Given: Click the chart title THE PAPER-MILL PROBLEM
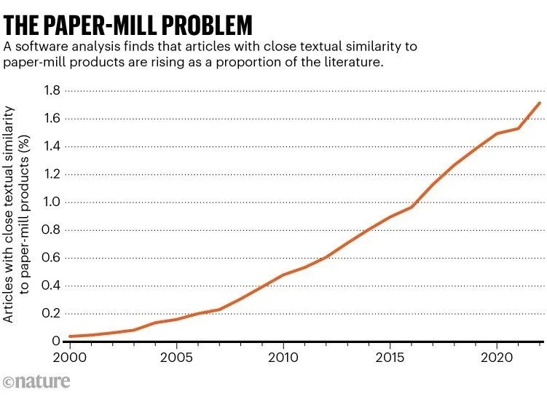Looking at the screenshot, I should click(x=128, y=25).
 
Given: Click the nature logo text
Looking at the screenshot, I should click(x=44, y=381).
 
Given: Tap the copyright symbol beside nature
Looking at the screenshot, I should click(x=9, y=382).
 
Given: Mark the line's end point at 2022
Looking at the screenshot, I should click(x=540, y=103).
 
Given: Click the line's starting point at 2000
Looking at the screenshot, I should click(x=70, y=336).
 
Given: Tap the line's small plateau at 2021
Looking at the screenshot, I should click(x=518, y=129).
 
